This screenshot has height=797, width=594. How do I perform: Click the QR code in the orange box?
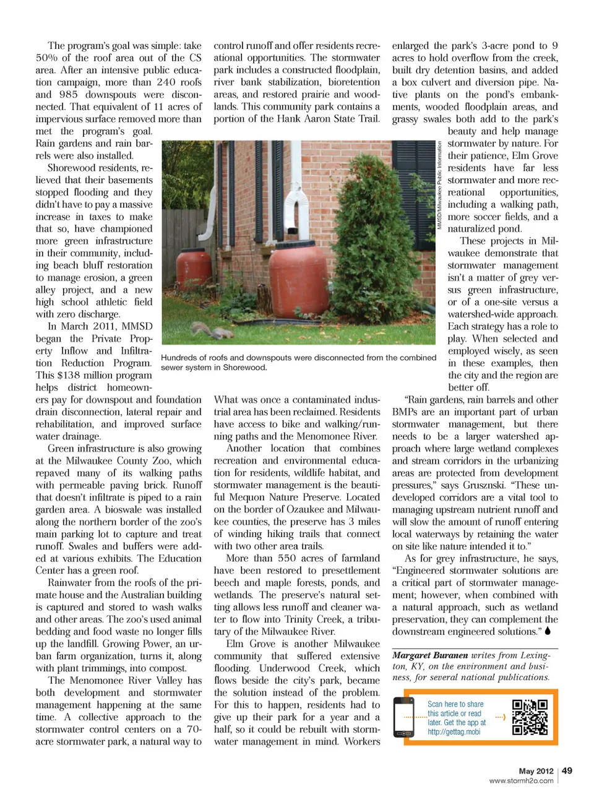(530, 717)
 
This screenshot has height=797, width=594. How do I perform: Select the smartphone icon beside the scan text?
(403, 717)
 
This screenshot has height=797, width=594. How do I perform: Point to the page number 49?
(567, 770)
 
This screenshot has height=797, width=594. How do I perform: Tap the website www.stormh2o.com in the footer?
(521, 781)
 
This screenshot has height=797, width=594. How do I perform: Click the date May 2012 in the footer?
(536, 771)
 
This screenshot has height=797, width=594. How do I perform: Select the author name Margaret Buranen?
(430, 655)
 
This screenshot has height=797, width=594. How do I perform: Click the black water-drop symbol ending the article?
(548, 631)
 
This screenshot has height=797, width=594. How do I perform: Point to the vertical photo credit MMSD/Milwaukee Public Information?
(440, 186)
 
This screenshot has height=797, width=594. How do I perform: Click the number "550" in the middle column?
(287, 558)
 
